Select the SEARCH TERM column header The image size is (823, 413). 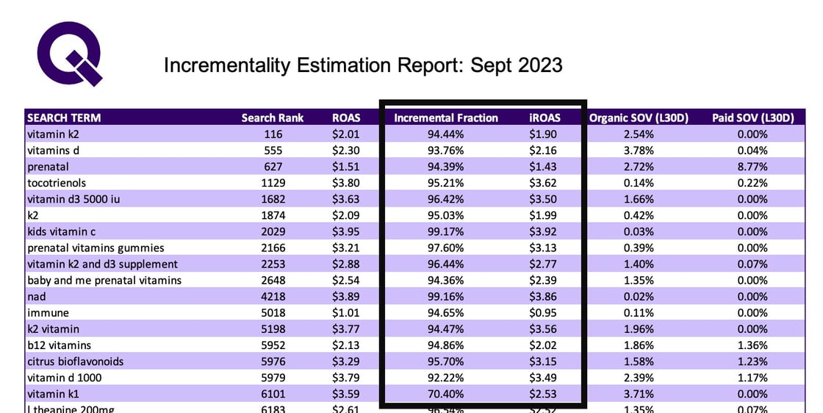(64, 118)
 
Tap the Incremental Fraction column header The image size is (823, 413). (446, 118)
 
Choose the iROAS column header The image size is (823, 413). (545, 118)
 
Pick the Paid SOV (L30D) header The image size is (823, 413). (753, 118)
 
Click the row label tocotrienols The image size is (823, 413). (57, 183)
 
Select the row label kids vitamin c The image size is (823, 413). (62, 231)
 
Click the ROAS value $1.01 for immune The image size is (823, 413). (346, 312)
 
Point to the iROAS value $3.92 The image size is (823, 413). (545, 231)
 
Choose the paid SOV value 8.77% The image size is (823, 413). (752, 167)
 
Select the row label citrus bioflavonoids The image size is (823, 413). (76, 362)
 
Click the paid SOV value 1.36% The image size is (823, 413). (752, 345)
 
